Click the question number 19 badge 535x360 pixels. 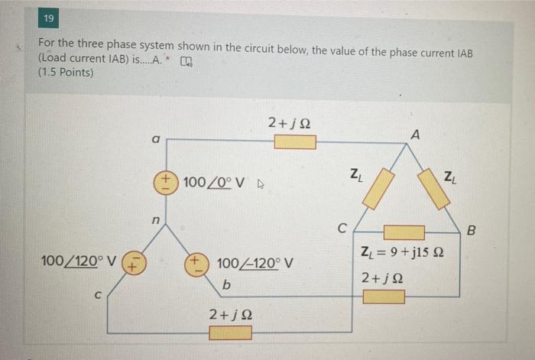48,18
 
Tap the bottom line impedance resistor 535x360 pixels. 230,332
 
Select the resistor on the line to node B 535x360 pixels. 384,297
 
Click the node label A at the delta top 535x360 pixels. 415,135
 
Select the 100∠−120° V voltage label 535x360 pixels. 251,264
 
